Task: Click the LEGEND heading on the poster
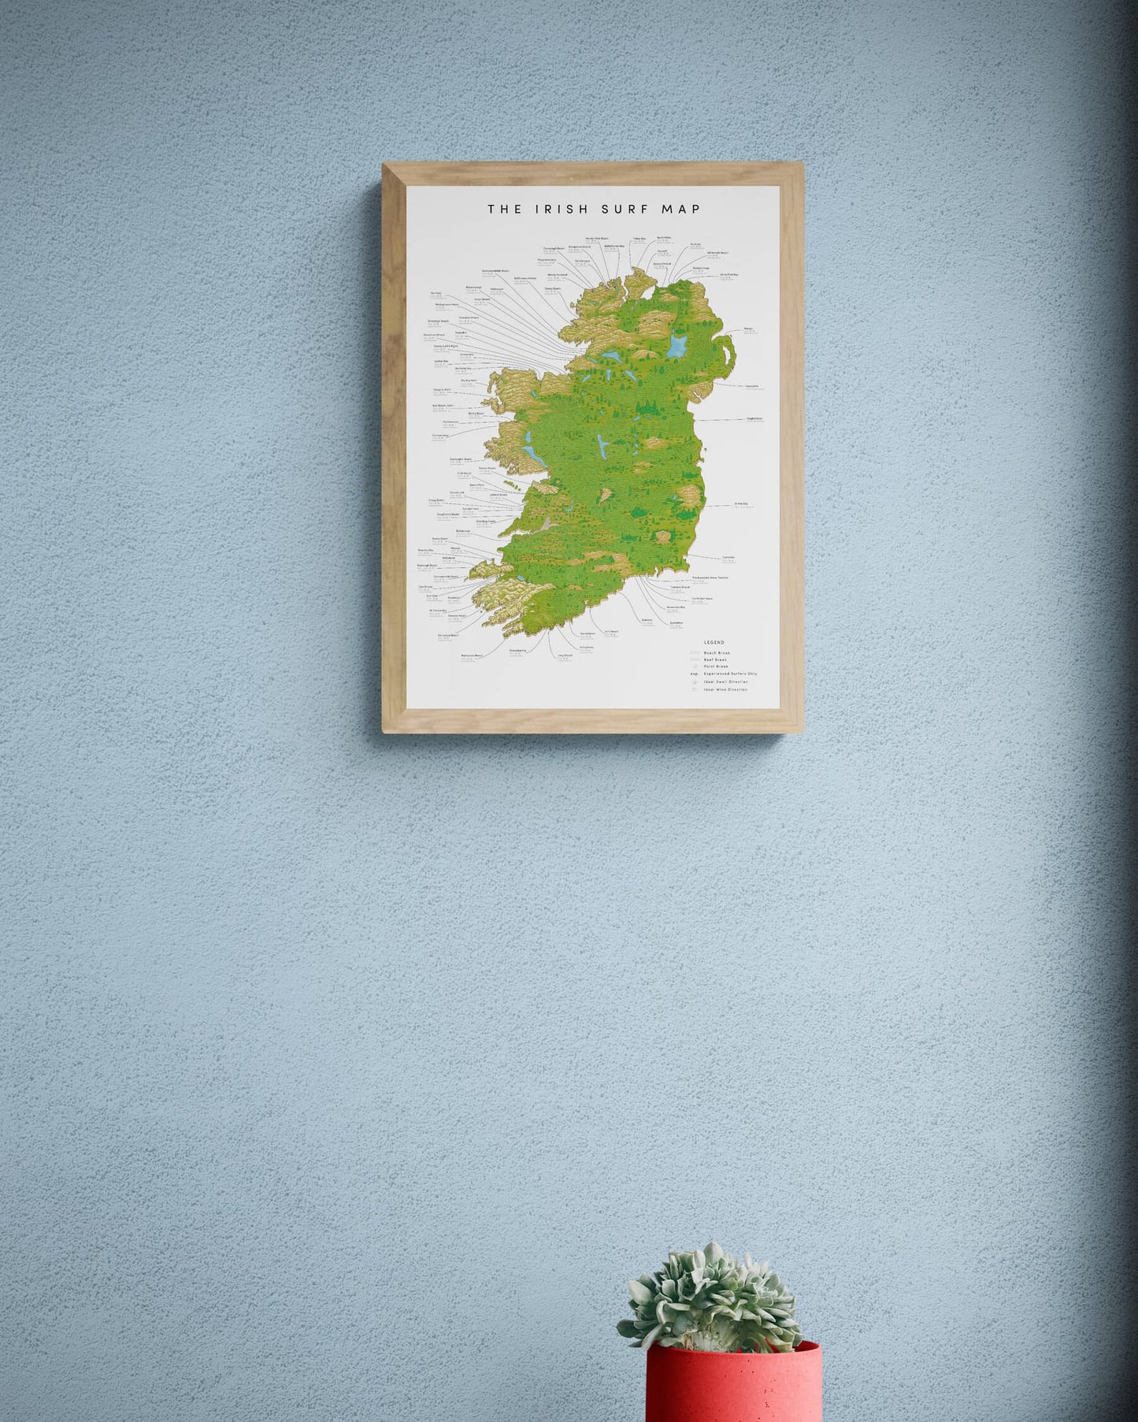click(x=714, y=643)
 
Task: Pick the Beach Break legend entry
click(x=717, y=653)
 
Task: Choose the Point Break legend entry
click(x=716, y=666)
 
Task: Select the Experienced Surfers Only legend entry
click(x=730, y=674)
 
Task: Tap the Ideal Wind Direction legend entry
click(x=725, y=689)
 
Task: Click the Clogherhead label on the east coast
click(x=754, y=418)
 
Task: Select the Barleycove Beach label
click(x=473, y=655)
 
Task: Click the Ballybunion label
click(x=463, y=531)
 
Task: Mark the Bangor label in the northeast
click(x=748, y=329)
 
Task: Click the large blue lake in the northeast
click(x=677, y=344)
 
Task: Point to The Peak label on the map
click(x=436, y=294)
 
